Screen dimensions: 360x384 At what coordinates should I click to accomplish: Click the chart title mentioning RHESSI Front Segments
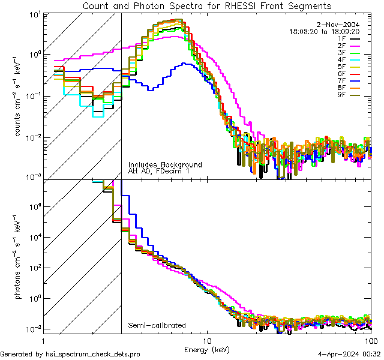[207, 6]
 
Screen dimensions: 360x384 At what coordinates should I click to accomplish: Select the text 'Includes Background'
[165, 165]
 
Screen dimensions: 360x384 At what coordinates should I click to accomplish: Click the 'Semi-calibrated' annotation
[157, 326]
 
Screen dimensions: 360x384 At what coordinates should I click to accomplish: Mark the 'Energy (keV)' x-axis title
[208, 349]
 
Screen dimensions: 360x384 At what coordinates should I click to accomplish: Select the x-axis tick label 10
[207, 340]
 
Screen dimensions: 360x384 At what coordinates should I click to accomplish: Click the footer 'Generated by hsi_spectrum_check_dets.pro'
[70, 355]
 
